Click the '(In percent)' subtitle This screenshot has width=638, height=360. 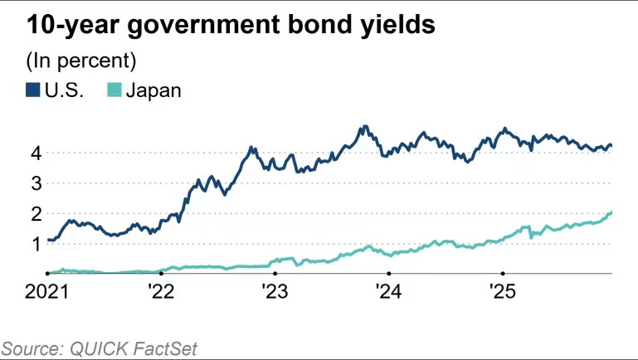tap(81, 61)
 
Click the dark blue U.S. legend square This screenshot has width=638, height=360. tap(33, 90)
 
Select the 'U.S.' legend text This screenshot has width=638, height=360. tap(65, 90)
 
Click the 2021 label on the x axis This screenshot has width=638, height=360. tap(46, 292)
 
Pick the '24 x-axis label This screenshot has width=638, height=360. tap(388, 292)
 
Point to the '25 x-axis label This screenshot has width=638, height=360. tap(502, 292)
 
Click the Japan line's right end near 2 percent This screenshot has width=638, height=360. tap(611, 213)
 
